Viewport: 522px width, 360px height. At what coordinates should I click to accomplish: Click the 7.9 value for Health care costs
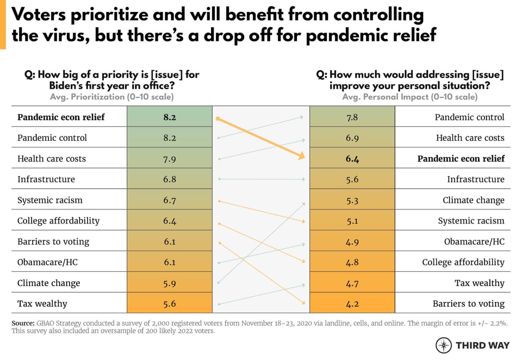tap(170, 159)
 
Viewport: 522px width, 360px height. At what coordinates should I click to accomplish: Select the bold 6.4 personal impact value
tap(352, 159)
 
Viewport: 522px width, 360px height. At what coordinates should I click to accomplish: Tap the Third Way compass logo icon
tap(444, 345)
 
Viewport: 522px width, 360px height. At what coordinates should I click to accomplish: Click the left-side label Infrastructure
tap(46, 179)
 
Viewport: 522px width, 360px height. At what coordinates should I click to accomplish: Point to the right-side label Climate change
tap(473, 200)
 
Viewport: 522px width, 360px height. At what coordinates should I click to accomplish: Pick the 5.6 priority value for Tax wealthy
tap(170, 304)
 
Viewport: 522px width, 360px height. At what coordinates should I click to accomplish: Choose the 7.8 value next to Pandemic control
tap(352, 117)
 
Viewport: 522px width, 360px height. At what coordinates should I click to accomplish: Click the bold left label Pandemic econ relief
tap(61, 117)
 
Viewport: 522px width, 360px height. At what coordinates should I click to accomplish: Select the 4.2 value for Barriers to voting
tap(352, 304)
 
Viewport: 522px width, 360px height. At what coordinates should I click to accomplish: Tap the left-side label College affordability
tap(58, 221)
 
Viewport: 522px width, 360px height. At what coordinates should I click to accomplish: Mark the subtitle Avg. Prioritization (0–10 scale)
tap(111, 97)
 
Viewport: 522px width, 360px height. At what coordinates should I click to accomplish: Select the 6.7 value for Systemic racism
tap(170, 200)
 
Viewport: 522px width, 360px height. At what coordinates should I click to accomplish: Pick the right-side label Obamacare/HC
tap(474, 241)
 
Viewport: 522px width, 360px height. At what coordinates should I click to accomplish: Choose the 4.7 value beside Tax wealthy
tap(352, 283)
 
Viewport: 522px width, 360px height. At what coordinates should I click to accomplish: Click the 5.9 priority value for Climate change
tap(170, 283)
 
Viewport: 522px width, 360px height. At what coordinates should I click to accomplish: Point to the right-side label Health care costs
tap(470, 138)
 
